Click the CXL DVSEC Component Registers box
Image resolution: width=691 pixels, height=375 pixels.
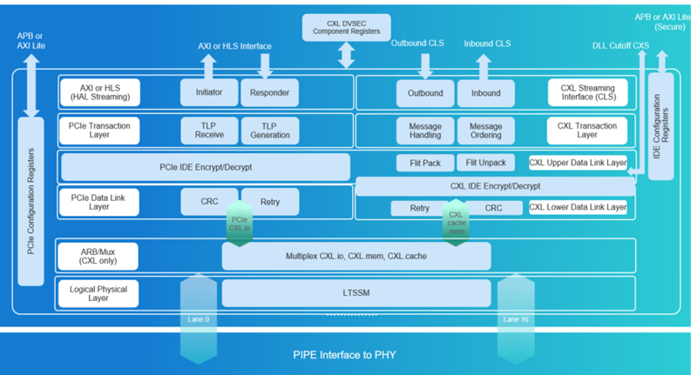point(346,27)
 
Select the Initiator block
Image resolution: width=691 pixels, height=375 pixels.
point(208,92)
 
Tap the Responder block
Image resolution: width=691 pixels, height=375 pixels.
point(269,92)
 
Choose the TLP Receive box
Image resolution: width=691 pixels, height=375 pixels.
point(208,130)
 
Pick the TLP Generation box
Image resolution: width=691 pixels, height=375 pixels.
point(269,130)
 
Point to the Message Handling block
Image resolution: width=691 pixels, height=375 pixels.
point(425,130)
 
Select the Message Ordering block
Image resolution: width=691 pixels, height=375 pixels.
point(480,130)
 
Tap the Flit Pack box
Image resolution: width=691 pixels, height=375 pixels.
point(425,163)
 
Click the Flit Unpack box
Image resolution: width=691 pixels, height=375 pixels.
point(484,163)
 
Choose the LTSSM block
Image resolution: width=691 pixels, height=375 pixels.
point(356,293)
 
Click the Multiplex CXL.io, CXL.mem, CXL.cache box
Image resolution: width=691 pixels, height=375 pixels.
point(356,257)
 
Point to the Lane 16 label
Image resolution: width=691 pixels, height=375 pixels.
point(514,319)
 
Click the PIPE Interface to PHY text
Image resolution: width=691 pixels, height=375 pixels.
point(346,354)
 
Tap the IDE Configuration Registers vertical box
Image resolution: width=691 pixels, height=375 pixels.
point(663,126)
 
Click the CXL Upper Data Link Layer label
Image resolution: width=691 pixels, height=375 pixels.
point(578,163)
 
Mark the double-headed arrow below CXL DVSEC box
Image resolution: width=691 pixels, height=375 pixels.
point(346,54)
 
